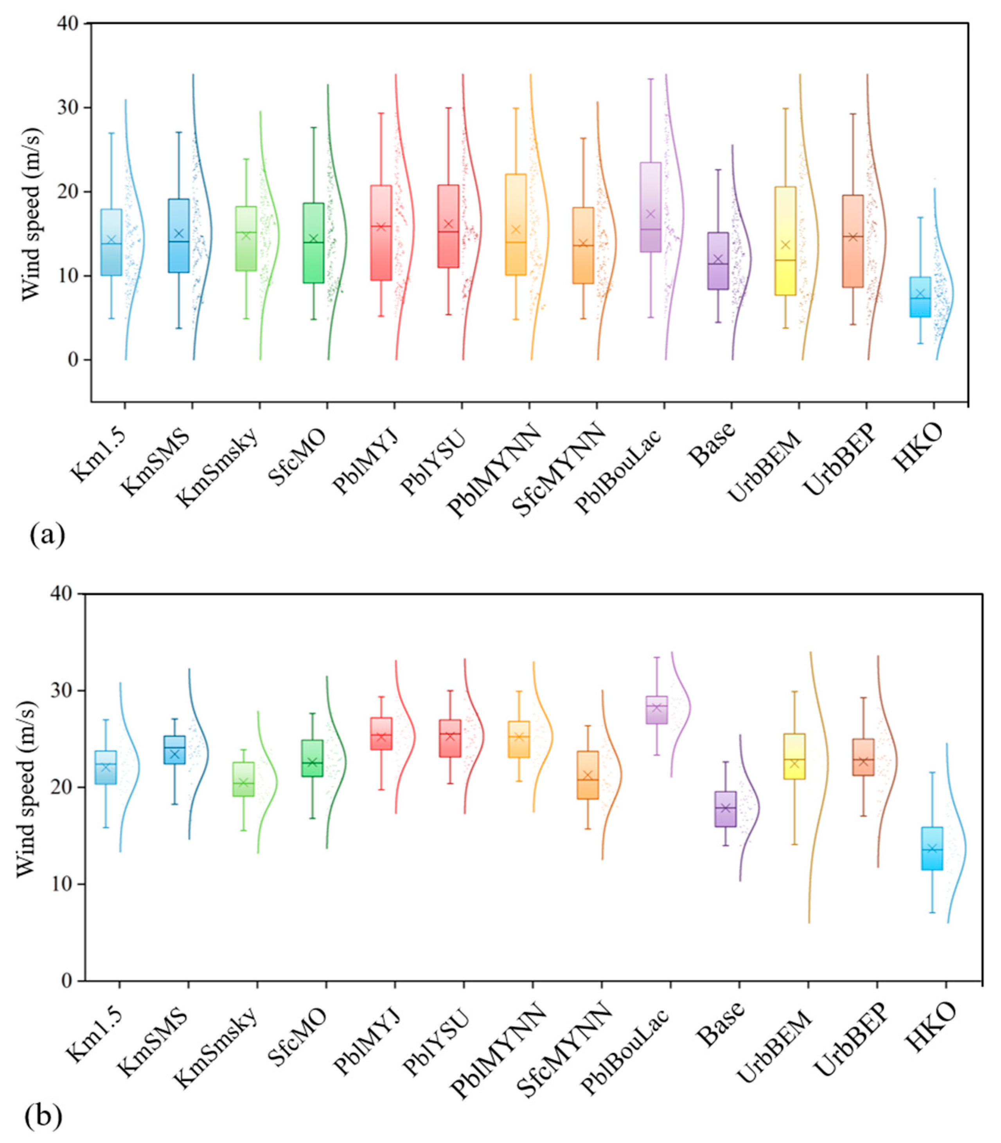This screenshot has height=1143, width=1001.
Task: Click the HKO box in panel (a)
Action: [x=920, y=297]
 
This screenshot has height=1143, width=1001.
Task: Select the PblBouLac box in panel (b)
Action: [x=657, y=710]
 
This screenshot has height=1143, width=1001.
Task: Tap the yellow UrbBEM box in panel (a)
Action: [x=785, y=241]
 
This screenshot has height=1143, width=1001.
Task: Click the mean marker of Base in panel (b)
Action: [x=725, y=808]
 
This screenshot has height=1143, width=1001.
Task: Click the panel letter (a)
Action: [x=47, y=535]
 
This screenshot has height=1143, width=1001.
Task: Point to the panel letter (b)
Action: [x=43, y=1116]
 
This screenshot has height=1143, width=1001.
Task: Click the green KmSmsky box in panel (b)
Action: [x=244, y=779]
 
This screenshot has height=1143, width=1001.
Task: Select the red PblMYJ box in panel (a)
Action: [x=381, y=233]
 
